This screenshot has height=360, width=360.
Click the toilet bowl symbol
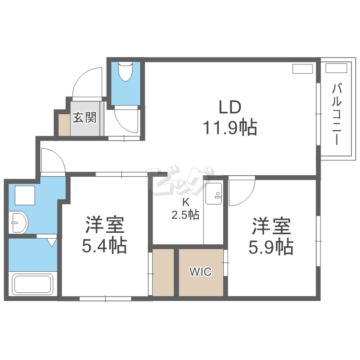pos(125,71)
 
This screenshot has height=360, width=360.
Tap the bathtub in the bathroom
pos(33,284)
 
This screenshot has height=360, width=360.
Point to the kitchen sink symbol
pos(214,194)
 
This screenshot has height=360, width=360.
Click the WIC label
pos(201,272)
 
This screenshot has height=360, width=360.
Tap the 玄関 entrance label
pos(84,117)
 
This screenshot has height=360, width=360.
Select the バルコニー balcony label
pos(336,115)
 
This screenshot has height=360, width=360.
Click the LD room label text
pos(230,107)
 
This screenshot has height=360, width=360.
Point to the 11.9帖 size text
pos(230,128)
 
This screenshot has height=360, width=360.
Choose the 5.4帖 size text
pos(105,246)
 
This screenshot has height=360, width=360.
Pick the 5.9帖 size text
pos(271,247)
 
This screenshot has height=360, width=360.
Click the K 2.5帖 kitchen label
pos(185,209)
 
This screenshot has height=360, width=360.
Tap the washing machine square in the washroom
pos(25,195)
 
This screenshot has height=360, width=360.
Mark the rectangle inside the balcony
pos(336,68)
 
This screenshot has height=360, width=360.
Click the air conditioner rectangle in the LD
pos(302,69)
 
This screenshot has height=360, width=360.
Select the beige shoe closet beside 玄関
pos(64,125)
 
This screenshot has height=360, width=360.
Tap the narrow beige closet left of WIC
pos(163,273)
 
